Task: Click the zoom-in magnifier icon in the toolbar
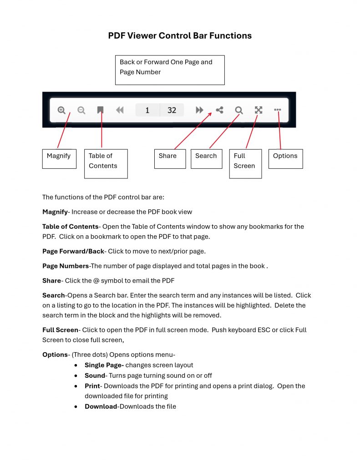(x=61, y=110)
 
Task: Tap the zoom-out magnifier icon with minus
(x=81, y=110)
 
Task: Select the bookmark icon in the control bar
(x=101, y=110)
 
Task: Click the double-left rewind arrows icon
(x=120, y=110)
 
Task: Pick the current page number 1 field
(x=147, y=110)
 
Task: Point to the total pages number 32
(x=172, y=110)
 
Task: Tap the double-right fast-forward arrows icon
(x=199, y=110)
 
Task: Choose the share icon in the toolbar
(x=219, y=110)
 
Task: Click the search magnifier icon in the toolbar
(x=239, y=110)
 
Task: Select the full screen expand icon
(x=259, y=110)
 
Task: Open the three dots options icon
(x=278, y=110)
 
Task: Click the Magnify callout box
(x=59, y=158)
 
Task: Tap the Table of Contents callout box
(x=106, y=163)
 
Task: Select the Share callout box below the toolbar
(x=170, y=158)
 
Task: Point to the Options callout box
(x=285, y=158)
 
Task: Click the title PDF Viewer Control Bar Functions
(x=180, y=35)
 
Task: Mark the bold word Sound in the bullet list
(x=95, y=375)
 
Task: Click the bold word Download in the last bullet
(x=101, y=406)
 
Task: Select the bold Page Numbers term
(x=66, y=266)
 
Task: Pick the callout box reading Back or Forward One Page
(x=170, y=70)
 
